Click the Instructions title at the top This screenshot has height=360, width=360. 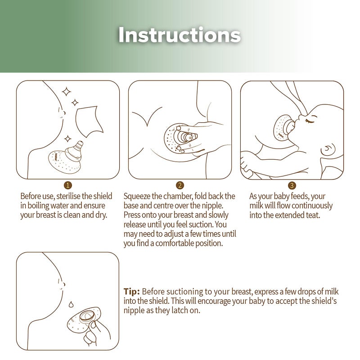pyautogui.click(x=180, y=35)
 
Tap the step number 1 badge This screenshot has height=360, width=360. pyautogui.click(x=68, y=185)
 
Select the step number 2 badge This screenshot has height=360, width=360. pyautogui.click(x=180, y=185)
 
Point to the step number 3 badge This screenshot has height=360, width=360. pyautogui.click(x=292, y=185)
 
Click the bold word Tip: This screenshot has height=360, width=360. pyautogui.click(x=132, y=291)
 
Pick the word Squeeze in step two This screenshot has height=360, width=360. pyautogui.click(x=137, y=197)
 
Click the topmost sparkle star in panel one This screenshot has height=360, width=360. pyautogui.click(x=67, y=92)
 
